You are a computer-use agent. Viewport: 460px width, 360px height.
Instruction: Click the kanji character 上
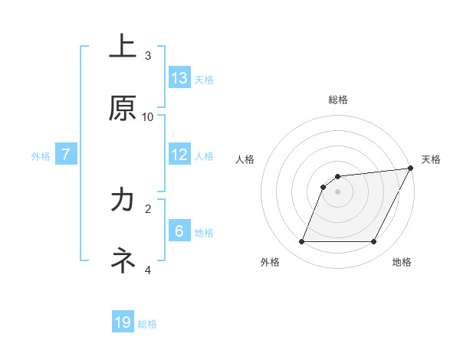(123, 46)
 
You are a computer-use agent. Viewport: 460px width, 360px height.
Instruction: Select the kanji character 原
(123, 109)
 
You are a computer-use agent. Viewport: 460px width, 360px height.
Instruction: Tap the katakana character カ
(123, 200)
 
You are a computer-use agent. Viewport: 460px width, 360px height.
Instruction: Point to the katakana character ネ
(123, 261)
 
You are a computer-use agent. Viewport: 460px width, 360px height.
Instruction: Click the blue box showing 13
(179, 77)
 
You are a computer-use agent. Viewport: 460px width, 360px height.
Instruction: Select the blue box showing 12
(179, 154)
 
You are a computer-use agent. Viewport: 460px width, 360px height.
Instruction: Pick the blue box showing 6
(179, 231)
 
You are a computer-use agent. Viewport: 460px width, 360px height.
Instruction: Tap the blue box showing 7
(67, 154)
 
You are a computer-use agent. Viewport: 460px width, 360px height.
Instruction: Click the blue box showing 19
(123, 322)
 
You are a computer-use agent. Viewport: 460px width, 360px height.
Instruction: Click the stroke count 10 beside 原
(148, 116)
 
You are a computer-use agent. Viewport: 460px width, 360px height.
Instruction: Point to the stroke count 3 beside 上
(148, 55)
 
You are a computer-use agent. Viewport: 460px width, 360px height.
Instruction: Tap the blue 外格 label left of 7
(41, 155)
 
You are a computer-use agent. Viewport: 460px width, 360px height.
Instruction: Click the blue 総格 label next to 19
(147, 324)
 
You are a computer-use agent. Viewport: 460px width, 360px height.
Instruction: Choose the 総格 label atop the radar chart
(338, 100)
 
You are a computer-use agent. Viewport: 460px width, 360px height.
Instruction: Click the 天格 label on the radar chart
(431, 159)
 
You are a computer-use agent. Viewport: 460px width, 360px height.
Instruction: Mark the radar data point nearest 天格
(412, 169)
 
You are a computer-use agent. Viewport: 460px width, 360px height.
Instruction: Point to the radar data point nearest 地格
(374, 242)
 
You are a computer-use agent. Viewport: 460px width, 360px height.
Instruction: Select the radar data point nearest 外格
(301, 242)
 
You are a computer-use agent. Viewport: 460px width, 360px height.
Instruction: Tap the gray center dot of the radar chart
(338, 191)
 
